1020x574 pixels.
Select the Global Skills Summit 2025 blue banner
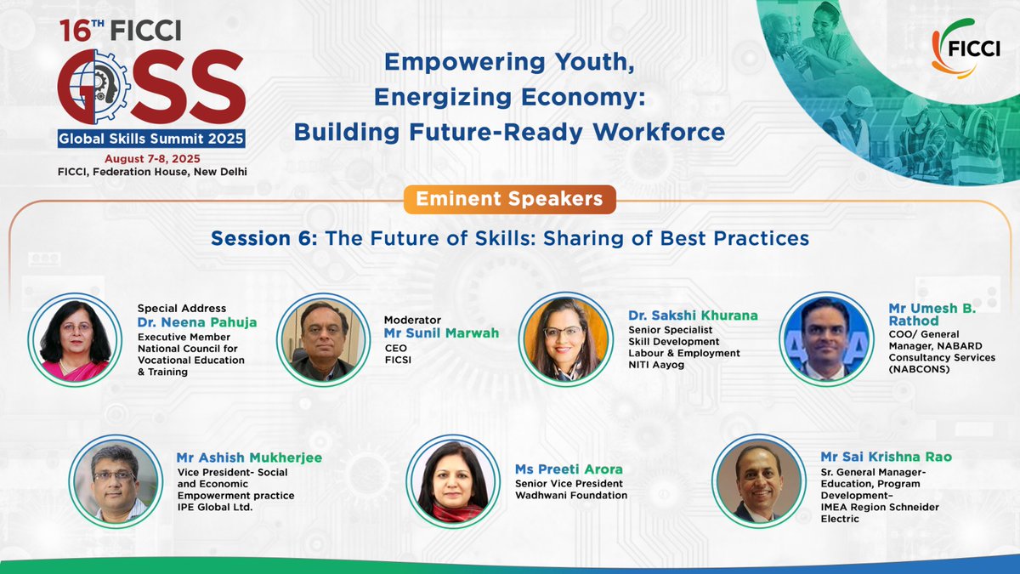[x=151, y=139]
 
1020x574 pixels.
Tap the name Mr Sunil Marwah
[x=441, y=332]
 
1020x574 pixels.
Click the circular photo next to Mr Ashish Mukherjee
[x=115, y=480]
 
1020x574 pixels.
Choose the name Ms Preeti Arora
[x=569, y=469]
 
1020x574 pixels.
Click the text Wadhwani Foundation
[x=571, y=496]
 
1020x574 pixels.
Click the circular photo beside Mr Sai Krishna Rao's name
[x=757, y=480]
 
